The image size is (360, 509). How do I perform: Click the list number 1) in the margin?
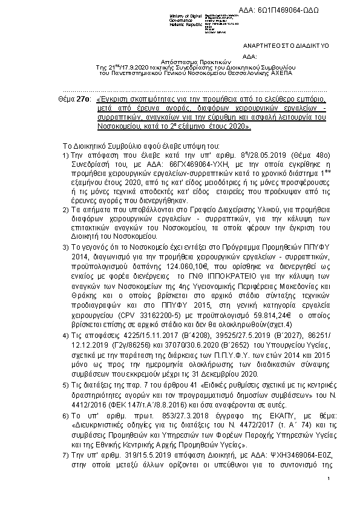(67, 155)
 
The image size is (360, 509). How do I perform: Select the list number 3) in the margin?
(67, 248)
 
